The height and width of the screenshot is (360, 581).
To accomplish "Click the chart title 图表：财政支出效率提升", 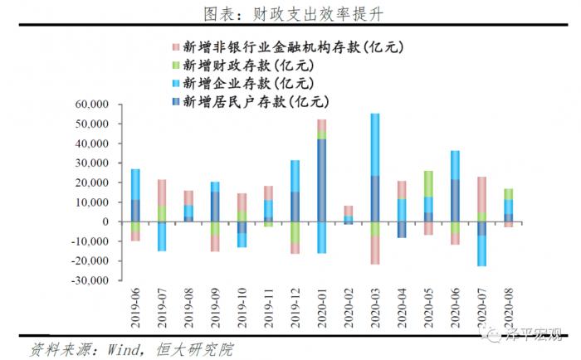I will point(291,14).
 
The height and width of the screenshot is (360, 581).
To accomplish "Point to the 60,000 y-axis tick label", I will point(93,105).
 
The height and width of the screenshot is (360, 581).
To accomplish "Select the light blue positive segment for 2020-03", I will point(374,144).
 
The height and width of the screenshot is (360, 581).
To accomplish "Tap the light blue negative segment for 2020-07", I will point(481,251).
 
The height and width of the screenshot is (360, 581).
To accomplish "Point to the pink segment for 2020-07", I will point(481,194).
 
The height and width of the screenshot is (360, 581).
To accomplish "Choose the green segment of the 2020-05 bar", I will point(428,183).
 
